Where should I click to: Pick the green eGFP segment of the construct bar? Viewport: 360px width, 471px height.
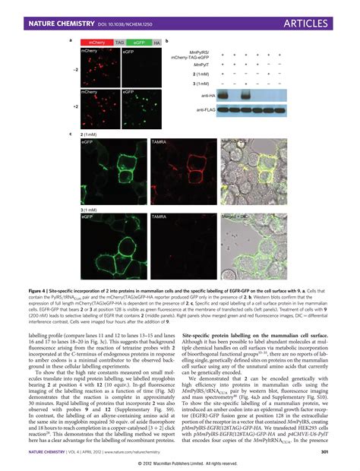pos(138,43)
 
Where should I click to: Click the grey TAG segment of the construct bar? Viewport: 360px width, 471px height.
pos(119,43)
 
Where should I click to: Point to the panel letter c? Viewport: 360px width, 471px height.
pos(71,133)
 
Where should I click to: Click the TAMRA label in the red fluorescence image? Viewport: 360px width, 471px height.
pos(159,142)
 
